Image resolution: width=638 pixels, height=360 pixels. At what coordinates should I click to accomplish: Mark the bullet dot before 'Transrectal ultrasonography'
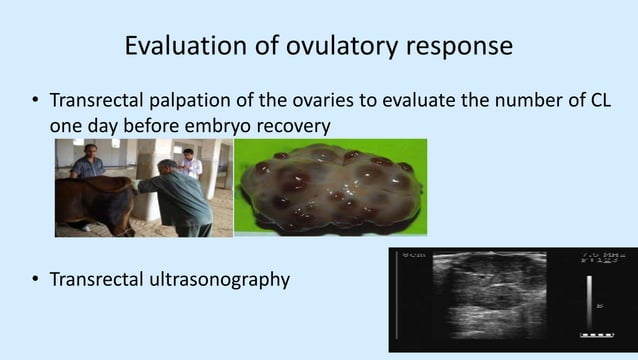(x=35, y=280)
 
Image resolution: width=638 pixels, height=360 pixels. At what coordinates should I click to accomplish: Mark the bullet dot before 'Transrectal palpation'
(x=35, y=104)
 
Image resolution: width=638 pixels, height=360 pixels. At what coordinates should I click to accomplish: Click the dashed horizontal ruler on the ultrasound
(x=597, y=333)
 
